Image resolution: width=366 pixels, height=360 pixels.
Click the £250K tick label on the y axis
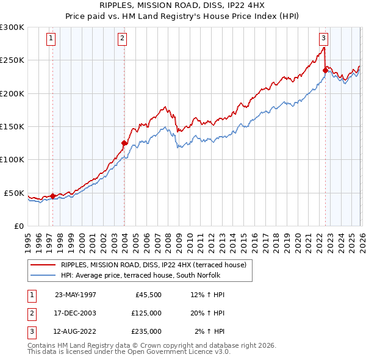pos(12,60)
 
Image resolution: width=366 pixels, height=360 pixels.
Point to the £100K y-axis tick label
pos(12,159)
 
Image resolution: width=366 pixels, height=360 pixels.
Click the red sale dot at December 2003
pos(124,143)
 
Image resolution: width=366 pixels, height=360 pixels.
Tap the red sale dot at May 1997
pos(53,196)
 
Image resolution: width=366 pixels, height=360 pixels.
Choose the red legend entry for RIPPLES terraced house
pos(152,265)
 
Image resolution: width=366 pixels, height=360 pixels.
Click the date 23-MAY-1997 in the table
pos(75,295)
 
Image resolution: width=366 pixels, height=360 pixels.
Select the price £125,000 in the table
pos(146,313)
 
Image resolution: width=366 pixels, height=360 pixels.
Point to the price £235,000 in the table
pos(146,331)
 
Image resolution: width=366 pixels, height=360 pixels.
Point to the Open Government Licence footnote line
pos(129,352)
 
